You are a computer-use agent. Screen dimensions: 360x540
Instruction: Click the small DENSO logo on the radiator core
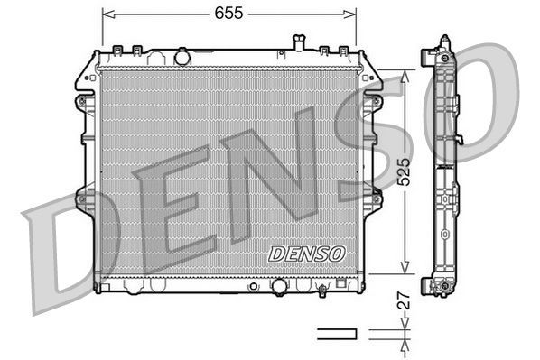pos(306,254)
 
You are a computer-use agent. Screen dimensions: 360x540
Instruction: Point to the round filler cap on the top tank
pos(182,57)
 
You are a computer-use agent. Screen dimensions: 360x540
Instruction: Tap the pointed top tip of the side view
pos(443,39)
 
